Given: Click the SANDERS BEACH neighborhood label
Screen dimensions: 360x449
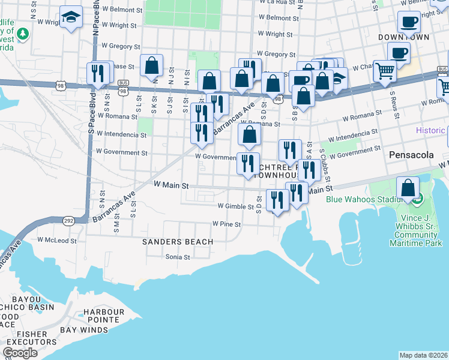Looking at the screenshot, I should pyautogui.click(x=177, y=242).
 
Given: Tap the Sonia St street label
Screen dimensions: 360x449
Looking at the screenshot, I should pyautogui.click(x=178, y=257).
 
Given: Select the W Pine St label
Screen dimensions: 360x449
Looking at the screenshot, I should pyautogui.click(x=226, y=224).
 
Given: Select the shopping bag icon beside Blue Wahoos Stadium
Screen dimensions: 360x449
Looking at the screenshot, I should pyautogui.click(x=408, y=188).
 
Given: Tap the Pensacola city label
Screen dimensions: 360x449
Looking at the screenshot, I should pyautogui.click(x=411, y=155).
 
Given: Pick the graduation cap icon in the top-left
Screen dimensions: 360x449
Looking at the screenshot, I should pyautogui.click(x=71, y=17).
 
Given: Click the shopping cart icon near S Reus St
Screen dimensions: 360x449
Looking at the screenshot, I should pyautogui.click(x=384, y=70).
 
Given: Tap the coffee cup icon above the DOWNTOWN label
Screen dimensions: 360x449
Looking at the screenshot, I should pyautogui.click(x=409, y=22).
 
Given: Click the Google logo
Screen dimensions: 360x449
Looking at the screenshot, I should pyautogui.click(x=20, y=353).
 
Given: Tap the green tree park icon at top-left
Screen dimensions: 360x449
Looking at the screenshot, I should pyautogui.click(x=23, y=34).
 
